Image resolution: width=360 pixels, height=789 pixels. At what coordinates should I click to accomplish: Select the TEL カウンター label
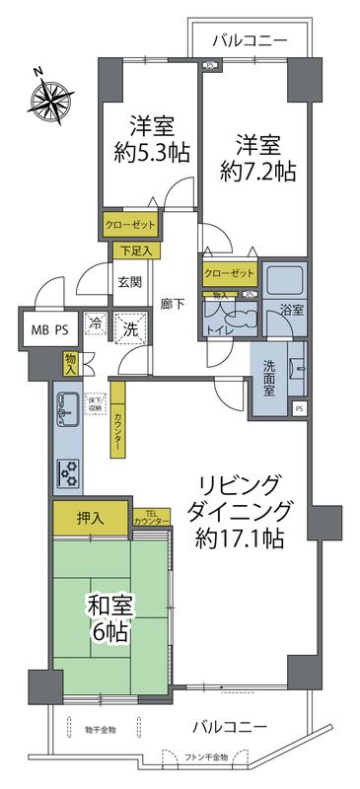coord(147,516)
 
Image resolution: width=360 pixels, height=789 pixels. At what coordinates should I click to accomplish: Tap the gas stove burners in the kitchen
coord(69,475)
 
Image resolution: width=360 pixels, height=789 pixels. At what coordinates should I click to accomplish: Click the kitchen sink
coord(68,405)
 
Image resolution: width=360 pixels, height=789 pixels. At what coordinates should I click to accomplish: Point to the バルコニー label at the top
coord(251,41)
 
